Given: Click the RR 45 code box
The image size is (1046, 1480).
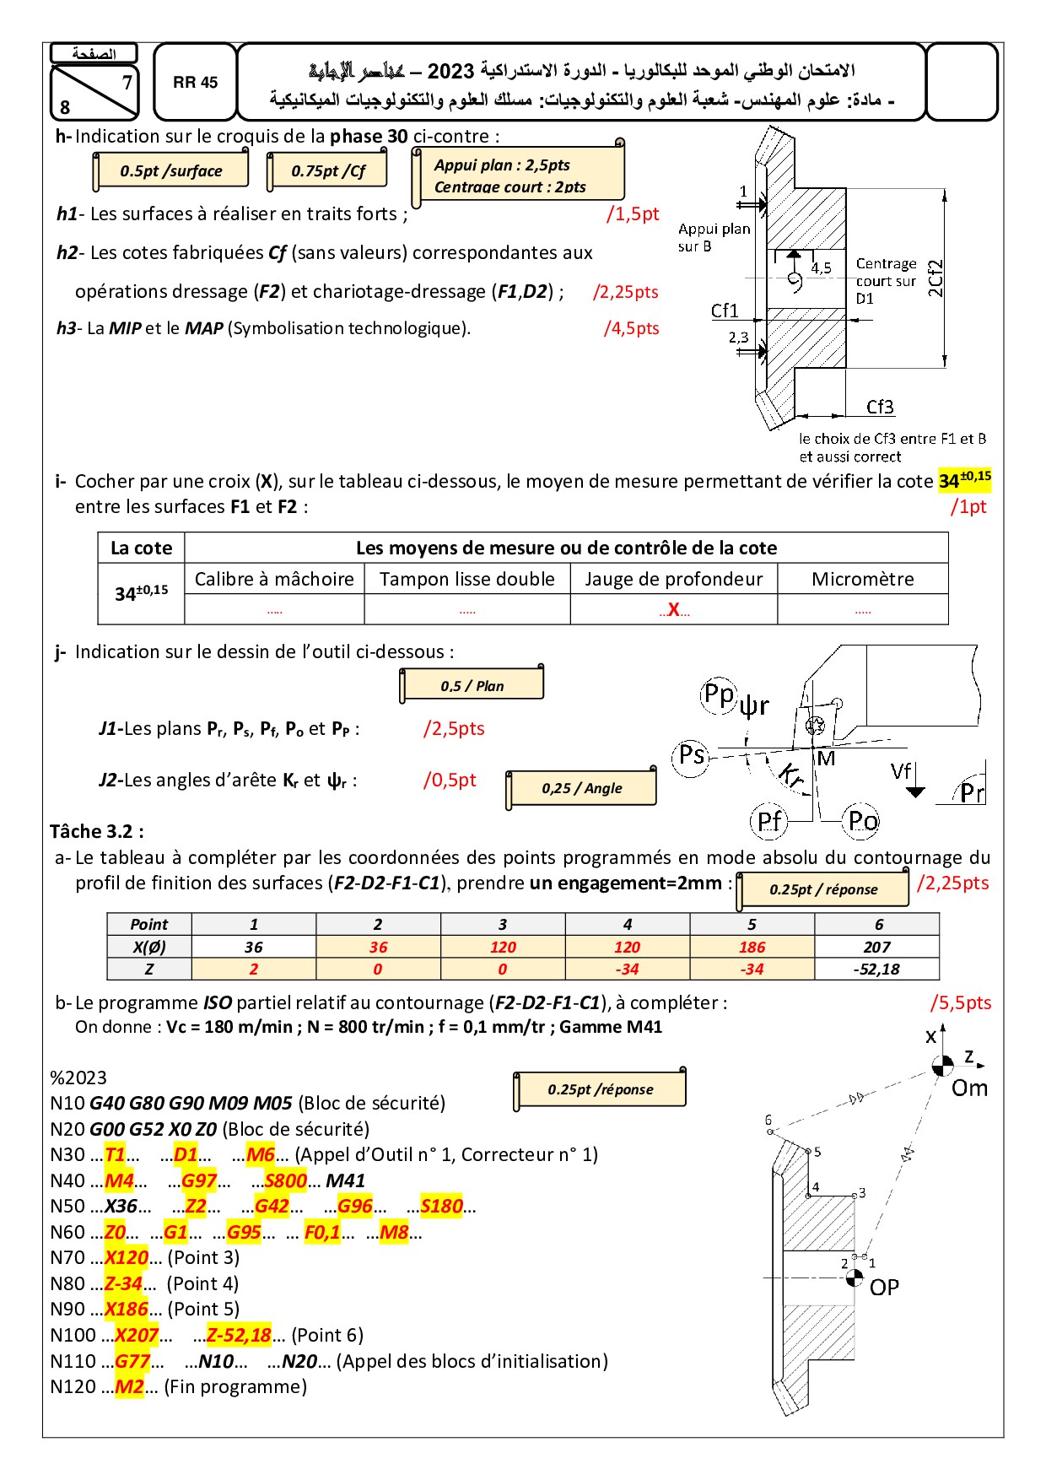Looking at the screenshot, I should click(195, 83).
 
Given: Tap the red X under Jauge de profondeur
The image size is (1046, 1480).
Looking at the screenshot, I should click(673, 609).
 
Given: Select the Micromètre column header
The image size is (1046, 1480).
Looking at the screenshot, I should click(862, 579).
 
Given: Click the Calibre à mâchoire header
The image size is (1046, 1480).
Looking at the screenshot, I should click(274, 579).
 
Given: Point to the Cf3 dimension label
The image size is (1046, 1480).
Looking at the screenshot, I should click(880, 407).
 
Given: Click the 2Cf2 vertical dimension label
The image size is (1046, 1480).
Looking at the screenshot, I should click(935, 278).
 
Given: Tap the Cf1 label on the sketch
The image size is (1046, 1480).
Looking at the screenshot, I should click(724, 311).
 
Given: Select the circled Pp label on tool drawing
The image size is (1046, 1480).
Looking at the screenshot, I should click(720, 694).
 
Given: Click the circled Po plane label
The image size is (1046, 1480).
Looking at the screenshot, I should click(862, 820).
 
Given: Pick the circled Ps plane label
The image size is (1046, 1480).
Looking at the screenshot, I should click(692, 754).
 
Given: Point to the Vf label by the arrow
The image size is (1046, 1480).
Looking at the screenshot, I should click(901, 771).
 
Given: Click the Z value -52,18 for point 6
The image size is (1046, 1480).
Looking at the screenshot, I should click(876, 970).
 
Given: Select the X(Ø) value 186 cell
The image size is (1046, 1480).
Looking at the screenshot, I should click(752, 948).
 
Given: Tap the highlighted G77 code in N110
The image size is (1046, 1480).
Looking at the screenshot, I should click(132, 1361).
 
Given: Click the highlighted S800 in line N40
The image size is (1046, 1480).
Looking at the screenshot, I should click(285, 1180).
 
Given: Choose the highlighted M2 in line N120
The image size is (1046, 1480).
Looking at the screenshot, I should click(129, 1387).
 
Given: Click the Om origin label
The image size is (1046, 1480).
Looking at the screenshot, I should click(969, 1088).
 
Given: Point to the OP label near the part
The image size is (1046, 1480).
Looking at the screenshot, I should click(884, 1287).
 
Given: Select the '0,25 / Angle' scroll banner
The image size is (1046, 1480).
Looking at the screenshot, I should click(581, 788).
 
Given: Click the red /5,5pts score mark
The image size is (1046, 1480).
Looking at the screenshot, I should click(960, 1002).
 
